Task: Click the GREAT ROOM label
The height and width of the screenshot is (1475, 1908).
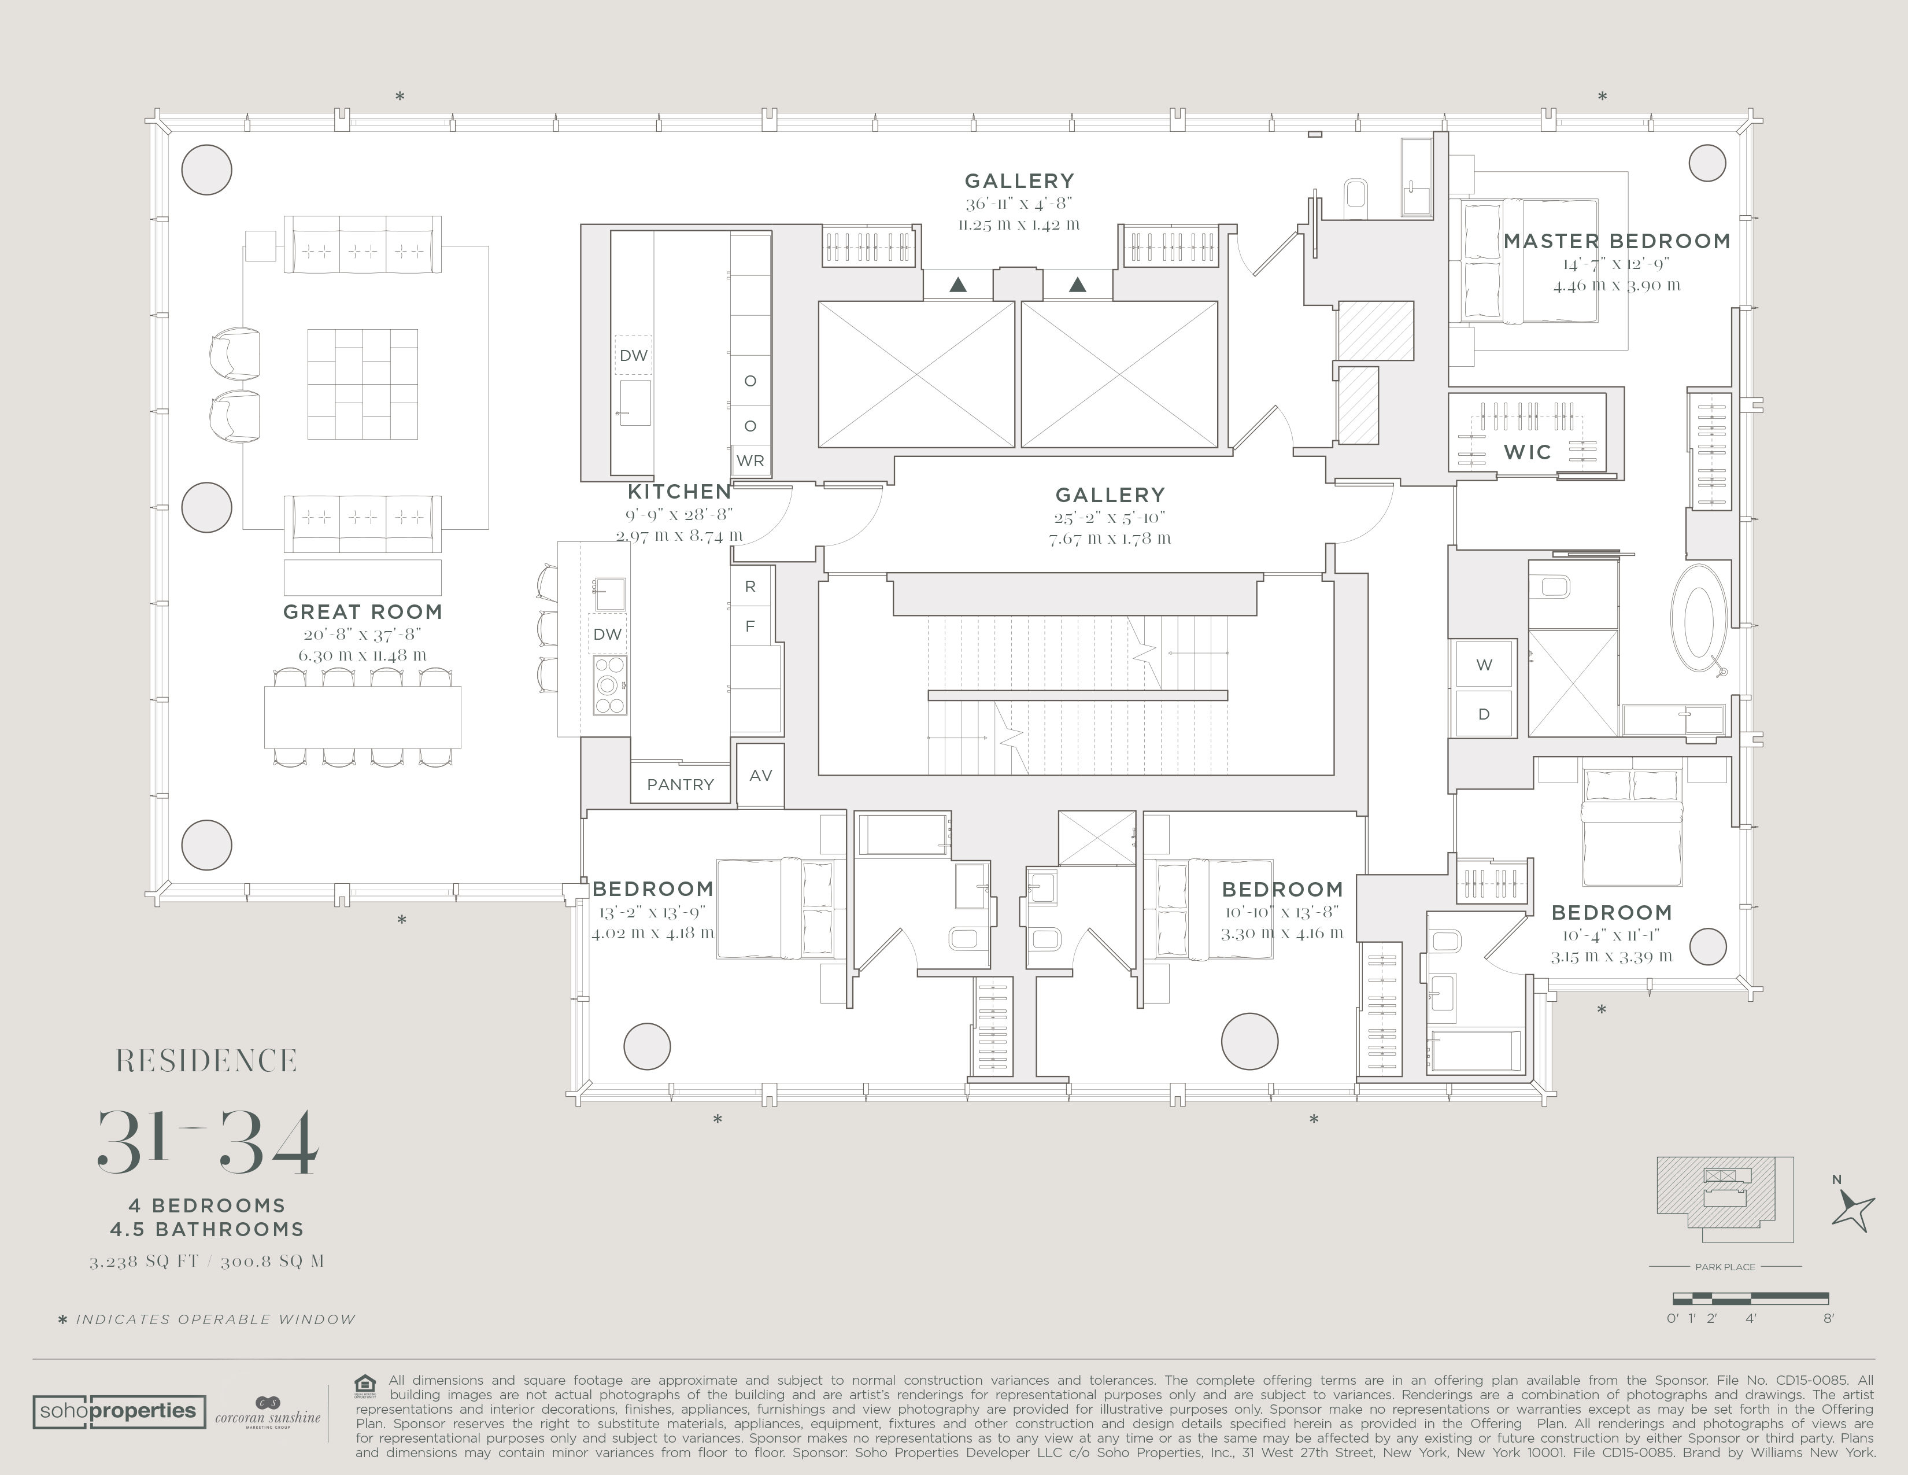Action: [x=363, y=611]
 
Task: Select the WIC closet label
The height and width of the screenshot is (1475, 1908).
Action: [x=1527, y=452]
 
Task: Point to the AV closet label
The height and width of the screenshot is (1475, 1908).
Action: [x=761, y=775]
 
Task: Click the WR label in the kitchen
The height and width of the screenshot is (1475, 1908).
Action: [x=750, y=460]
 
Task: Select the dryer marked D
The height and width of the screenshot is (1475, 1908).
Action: [x=1484, y=714]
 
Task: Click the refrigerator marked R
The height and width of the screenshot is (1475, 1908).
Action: [x=749, y=587]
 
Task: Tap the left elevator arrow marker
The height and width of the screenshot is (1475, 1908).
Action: [x=959, y=284]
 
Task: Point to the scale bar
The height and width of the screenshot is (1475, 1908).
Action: [x=1750, y=1299]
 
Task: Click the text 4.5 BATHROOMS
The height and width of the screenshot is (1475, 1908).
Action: [x=207, y=1230]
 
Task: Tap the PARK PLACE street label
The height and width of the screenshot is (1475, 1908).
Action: [x=1725, y=1266]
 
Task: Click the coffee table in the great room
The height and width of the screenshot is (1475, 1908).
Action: [x=363, y=385]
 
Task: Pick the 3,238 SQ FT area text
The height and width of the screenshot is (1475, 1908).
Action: [x=143, y=1262]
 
